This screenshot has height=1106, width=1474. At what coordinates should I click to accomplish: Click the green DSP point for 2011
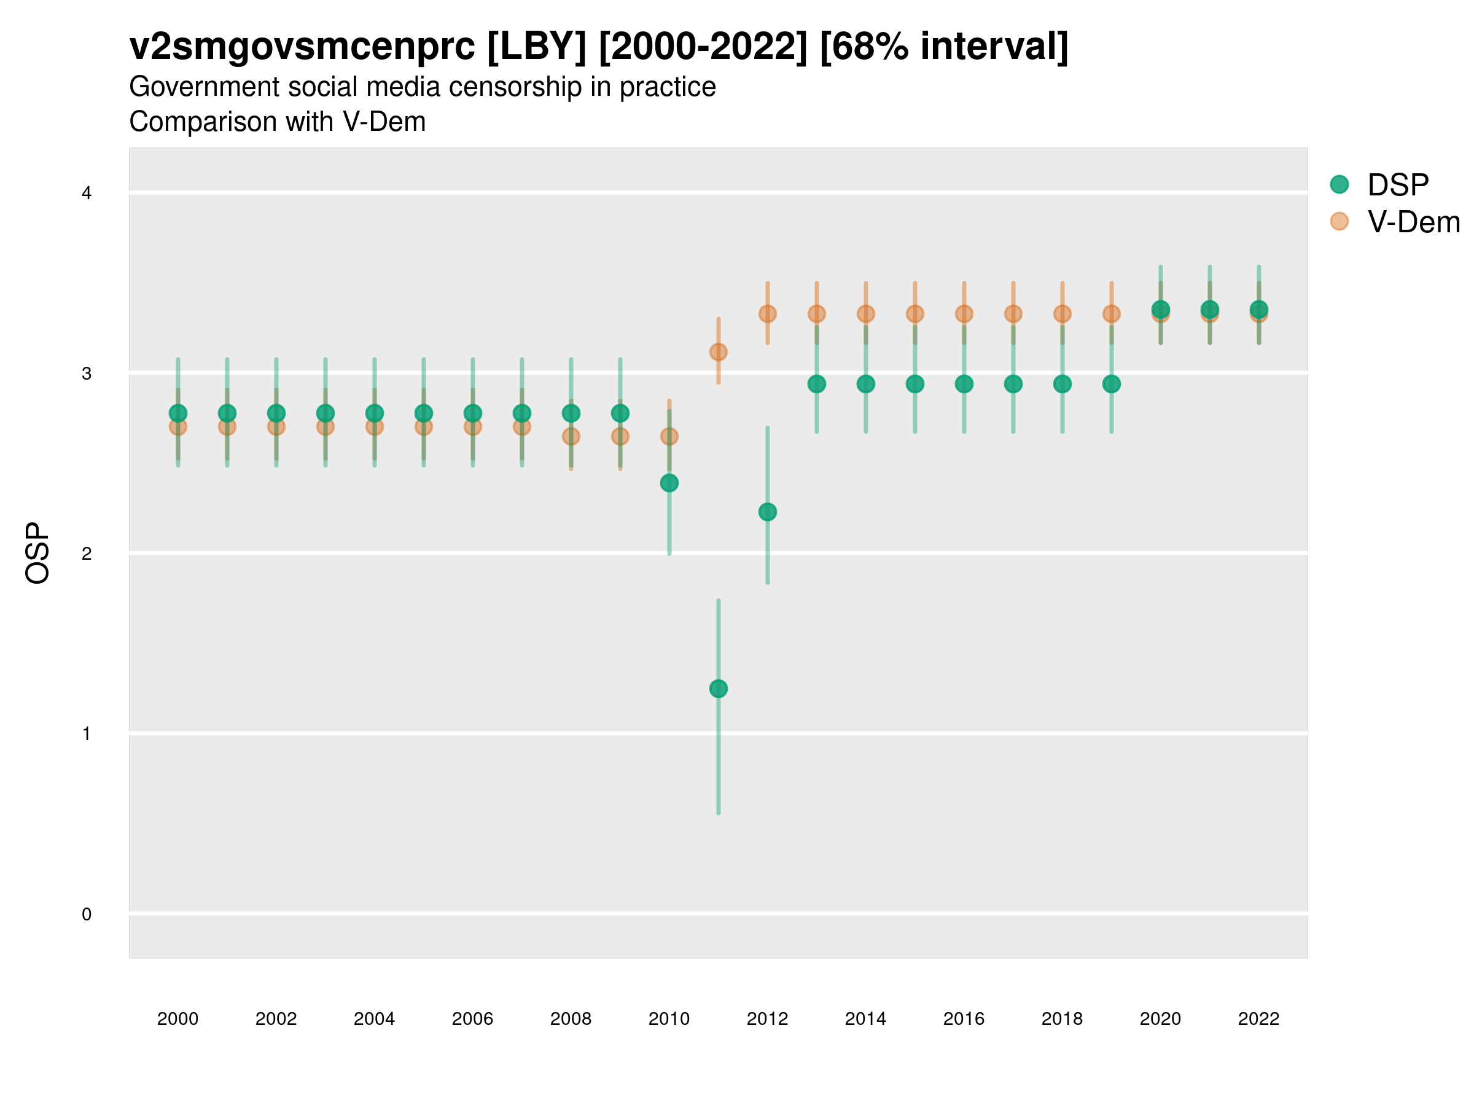click(x=719, y=689)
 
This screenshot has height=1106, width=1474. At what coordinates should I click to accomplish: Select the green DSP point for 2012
click(x=768, y=512)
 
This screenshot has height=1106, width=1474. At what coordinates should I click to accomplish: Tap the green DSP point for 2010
click(x=669, y=483)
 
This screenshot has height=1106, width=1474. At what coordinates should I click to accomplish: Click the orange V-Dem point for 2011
click(x=719, y=352)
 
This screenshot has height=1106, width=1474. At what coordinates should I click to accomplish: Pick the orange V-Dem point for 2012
click(x=768, y=314)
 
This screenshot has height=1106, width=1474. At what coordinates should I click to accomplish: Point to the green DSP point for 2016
click(x=964, y=384)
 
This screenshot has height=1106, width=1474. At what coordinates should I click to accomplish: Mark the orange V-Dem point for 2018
click(x=1062, y=314)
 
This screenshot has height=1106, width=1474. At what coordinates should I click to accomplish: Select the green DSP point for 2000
click(x=178, y=414)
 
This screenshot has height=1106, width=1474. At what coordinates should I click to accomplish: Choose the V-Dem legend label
click(x=1413, y=222)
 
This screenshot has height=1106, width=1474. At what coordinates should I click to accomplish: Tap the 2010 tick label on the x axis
click(x=669, y=1019)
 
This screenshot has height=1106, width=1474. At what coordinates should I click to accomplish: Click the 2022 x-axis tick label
click(x=1259, y=1019)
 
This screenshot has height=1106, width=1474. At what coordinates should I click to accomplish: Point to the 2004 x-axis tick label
click(x=375, y=1019)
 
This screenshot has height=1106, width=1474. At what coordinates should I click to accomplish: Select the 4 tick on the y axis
click(x=87, y=194)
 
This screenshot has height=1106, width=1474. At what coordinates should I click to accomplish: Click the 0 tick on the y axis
click(x=87, y=914)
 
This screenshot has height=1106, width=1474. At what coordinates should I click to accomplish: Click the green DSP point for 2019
click(x=1112, y=384)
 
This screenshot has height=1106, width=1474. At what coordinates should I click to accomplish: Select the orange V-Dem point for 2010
click(x=669, y=436)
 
